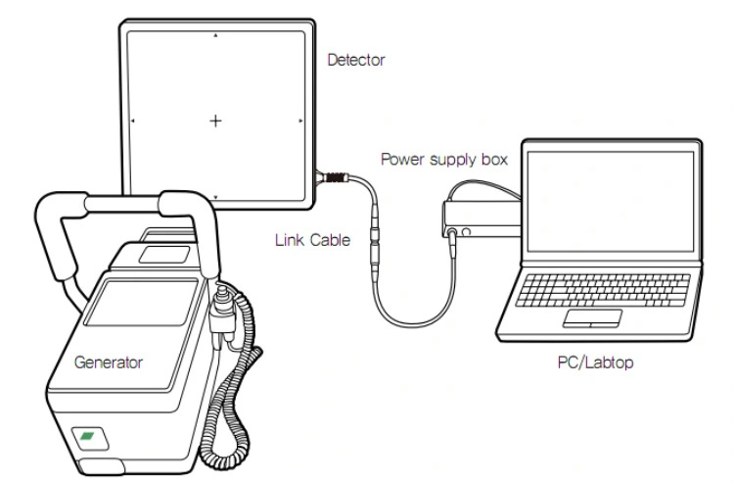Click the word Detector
356,61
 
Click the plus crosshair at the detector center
215,121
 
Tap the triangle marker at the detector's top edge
216,35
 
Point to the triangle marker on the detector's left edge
133,121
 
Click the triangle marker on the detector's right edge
301,121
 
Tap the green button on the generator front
87,434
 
